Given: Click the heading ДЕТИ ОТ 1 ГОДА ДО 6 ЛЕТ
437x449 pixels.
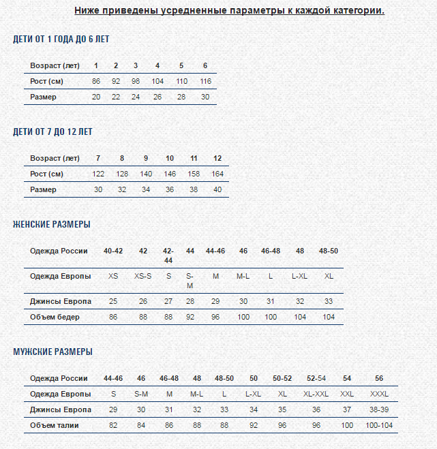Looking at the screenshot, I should click(x=61, y=39).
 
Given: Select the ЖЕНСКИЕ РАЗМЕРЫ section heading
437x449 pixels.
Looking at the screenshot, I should click(x=52, y=224).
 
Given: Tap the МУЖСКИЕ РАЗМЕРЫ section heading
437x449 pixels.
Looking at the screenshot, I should click(x=52, y=352).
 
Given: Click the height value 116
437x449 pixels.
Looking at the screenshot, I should click(x=205, y=81).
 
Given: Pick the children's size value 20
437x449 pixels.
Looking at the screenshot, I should click(x=96, y=97).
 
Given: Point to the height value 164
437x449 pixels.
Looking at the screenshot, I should click(x=217, y=174).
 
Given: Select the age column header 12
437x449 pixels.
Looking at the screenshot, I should click(x=217, y=158).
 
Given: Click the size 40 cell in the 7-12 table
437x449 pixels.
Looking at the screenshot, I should click(x=217, y=189).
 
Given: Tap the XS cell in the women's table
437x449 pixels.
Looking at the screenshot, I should click(x=113, y=276).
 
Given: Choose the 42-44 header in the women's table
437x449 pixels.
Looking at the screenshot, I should click(x=168, y=256).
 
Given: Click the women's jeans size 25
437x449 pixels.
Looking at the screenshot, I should click(x=113, y=301).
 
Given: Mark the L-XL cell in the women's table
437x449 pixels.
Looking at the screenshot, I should click(x=299, y=276).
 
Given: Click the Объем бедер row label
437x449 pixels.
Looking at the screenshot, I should click(x=55, y=317).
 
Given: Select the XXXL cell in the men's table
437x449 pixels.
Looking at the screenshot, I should click(x=379, y=394).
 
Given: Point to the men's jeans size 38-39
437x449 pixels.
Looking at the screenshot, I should click(x=379, y=409).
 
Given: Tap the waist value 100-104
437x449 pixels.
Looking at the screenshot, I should click(x=379, y=425).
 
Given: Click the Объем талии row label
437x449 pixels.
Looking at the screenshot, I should click(x=55, y=425).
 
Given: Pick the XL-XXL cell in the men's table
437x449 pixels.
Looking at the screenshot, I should click(x=316, y=394).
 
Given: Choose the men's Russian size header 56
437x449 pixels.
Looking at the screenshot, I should click(x=379, y=378).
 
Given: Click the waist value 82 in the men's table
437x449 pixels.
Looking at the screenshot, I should click(x=113, y=425).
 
